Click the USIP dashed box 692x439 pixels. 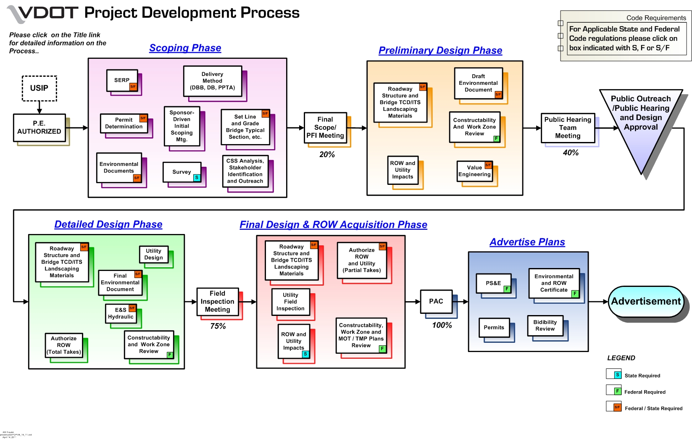[39, 88]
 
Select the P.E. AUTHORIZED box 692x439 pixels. [39, 127]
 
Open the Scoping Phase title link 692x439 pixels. [185, 48]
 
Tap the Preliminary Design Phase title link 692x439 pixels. [440, 50]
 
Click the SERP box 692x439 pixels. [121, 80]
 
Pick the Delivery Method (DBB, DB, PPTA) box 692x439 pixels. [212, 81]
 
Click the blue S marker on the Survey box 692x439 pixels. [197, 178]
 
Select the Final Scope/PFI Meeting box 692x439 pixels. [325, 127]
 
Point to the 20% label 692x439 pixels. [327, 155]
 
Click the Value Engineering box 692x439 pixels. [474, 171]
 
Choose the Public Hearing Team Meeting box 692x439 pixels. [568, 128]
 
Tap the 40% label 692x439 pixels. [571, 152]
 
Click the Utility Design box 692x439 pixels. [153, 254]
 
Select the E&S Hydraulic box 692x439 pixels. [121, 313]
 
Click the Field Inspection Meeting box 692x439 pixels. [217, 302]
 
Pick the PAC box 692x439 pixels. [436, 301]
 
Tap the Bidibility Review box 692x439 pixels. [545, 326]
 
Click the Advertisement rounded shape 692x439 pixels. [646, 301]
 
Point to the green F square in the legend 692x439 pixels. [617, 391]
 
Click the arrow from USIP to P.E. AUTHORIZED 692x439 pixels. [39, 108]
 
